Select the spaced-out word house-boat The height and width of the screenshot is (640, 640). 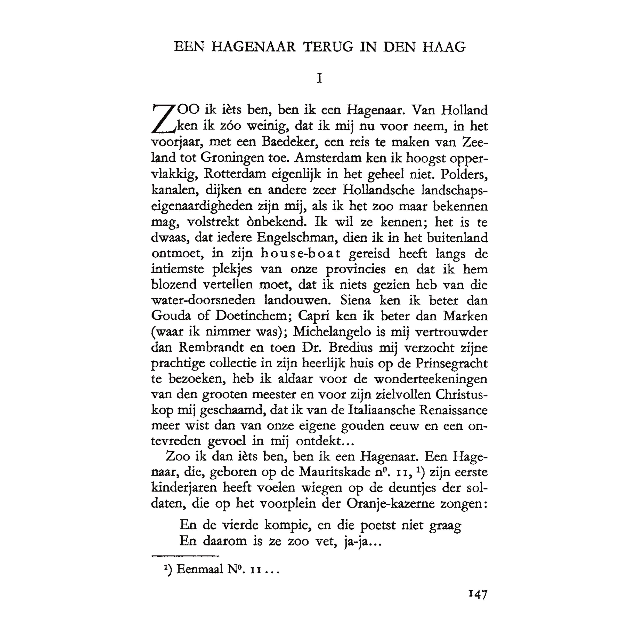tap(301, 253)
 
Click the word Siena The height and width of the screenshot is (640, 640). tap(355, 300)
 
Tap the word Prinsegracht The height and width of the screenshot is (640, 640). tap(451, 363)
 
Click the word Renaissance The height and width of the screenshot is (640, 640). tap(453, 410)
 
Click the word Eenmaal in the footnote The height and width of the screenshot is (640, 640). tap(200, 569)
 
